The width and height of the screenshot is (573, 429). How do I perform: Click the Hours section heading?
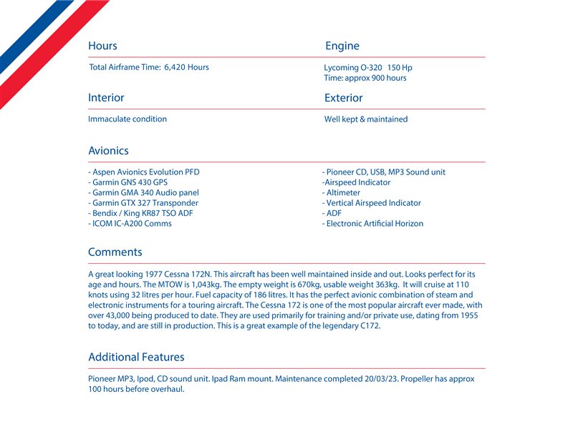(x=102, y=46)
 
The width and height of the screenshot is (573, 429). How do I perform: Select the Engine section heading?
(x=342, y=46)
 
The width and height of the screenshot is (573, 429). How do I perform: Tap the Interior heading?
(x=106, y=97)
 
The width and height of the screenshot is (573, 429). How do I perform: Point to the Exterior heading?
(x=343, y=97)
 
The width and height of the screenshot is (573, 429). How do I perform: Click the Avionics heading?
(x=108, y=151)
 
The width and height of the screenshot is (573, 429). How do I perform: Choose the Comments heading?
(x=115, y=252)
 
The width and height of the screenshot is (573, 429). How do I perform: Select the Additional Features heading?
(x=136, y=357)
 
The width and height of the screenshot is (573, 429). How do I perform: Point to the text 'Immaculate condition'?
(x=127, y=119)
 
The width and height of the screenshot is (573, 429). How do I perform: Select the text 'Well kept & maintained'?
(x=366, y=119)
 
